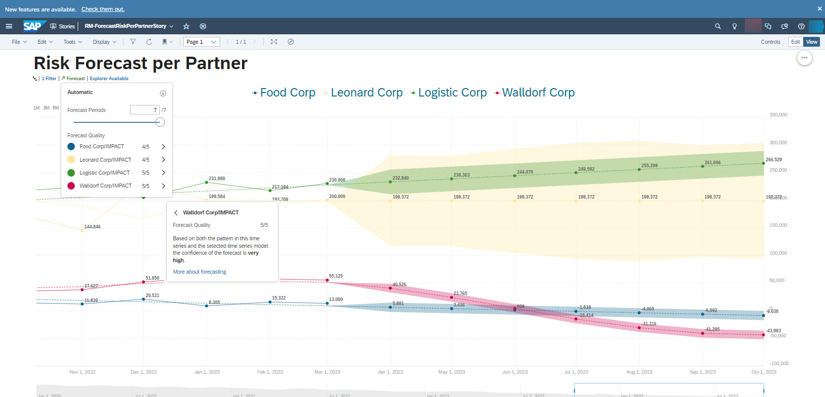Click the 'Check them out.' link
point(103,9)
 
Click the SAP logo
point(33,26)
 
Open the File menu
point(19,42)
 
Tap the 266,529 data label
point(773,160)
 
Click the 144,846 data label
point(92,227)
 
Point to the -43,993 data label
point(773,330)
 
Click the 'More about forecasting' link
point(199,272)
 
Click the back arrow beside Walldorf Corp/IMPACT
point(176,212)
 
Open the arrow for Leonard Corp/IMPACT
point(163,160)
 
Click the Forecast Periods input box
point(144,110)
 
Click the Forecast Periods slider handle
point(160,122)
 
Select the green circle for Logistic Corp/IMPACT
point(71,173)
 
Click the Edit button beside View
point(795,42)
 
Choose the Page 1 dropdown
point(201,42)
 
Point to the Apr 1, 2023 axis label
point(390,372)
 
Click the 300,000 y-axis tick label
point(778,143)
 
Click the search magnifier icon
point(717,26)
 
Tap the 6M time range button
point(56,108)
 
